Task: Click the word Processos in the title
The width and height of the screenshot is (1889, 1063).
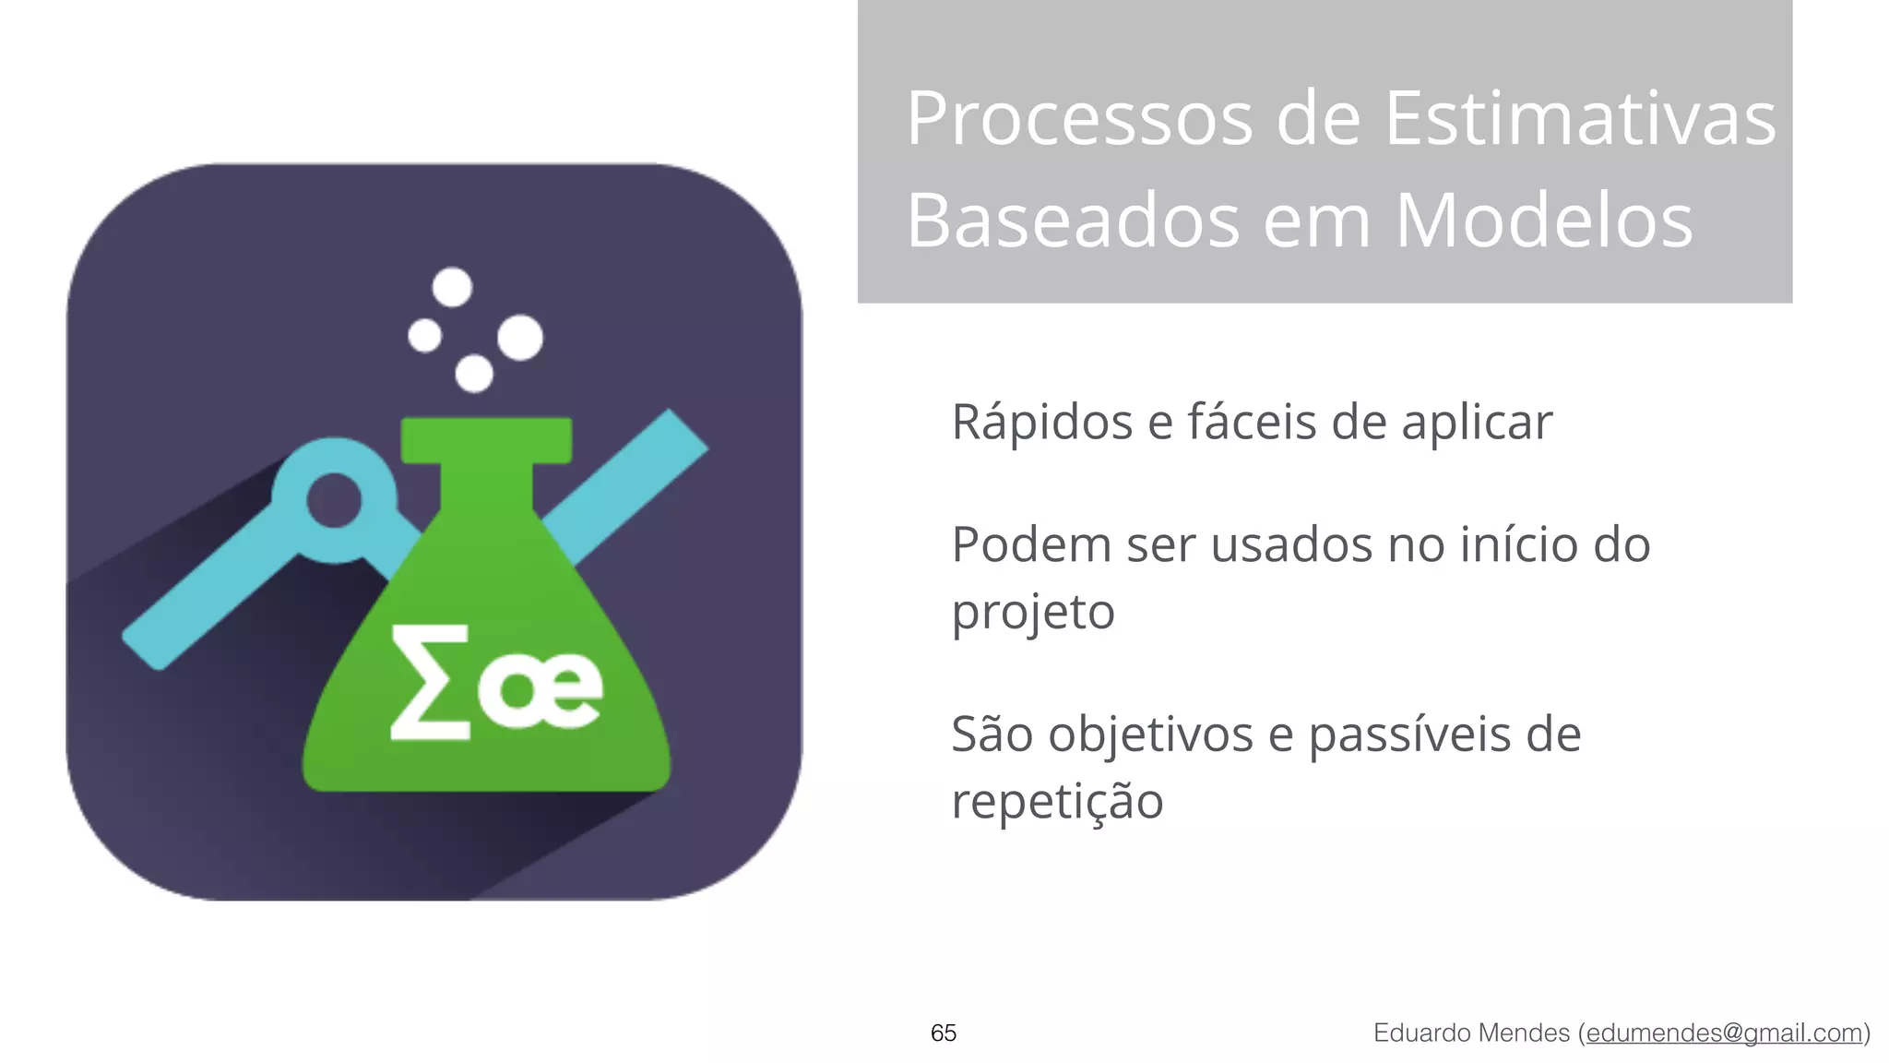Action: coord(1079,120)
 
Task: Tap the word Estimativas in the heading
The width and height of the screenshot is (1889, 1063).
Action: coord(1580,120)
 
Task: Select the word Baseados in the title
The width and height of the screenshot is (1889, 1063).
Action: coord(1073,221)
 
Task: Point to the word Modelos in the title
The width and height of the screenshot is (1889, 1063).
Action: coord(1543,221)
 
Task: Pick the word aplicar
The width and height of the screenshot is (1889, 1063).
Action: coord(1477,424)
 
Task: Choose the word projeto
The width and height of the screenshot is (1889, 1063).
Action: coord(1033,613)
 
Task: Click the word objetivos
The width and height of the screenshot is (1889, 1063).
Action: coord(1149,735)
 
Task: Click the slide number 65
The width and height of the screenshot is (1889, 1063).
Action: coord(944,1033)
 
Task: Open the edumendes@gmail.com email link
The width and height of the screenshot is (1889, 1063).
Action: coord(1724,1033)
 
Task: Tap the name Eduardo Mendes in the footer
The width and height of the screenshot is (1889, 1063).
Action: coord(1471,1033)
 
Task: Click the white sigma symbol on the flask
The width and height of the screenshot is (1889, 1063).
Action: coord(430,683)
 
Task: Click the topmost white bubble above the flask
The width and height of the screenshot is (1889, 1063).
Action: coord(452,287)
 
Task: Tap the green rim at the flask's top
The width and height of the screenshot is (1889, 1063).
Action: coord(486,440)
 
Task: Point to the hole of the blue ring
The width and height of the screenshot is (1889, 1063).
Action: coord(333,501)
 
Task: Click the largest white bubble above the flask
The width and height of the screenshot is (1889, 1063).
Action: coord(520,337)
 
